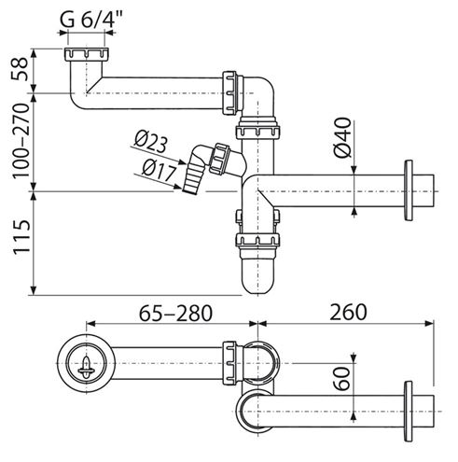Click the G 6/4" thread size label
point(90,21)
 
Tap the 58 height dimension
point(21,69)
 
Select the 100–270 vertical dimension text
point(21,141)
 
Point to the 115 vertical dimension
point(21,237)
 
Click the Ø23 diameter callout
point(151,143)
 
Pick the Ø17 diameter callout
point(159,171)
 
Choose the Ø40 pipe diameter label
point(342,137)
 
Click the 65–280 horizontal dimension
point(175,313)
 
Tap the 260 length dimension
point(348,313)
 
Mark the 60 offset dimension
point(342,378)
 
